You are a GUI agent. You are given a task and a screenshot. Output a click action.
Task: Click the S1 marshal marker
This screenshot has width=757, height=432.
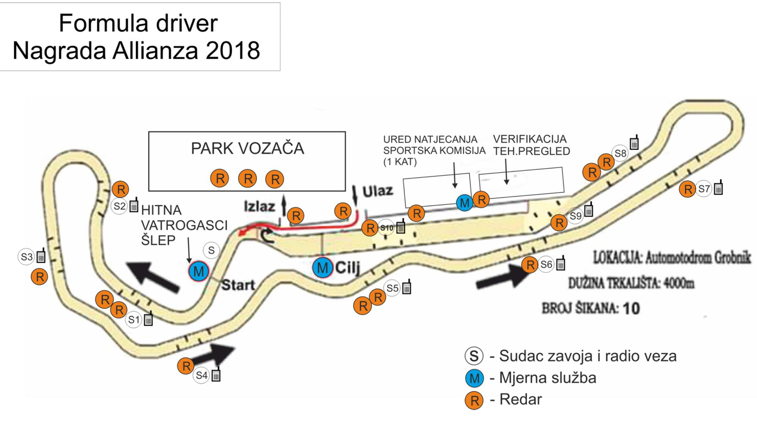coord(134,319)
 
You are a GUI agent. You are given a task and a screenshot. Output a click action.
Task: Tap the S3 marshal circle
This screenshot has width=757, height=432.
coord(26,257)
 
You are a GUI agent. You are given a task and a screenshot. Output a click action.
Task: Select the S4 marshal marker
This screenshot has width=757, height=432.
coord(201,375)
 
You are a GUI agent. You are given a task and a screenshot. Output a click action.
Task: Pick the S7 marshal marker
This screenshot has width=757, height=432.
coord(704,189)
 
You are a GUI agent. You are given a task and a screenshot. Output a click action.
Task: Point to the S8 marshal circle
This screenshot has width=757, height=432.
coord(620,153)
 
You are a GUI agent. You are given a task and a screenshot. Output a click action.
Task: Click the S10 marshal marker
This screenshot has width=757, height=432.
coord(387,228)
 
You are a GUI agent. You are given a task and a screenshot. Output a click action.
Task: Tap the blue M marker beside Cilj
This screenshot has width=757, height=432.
coord(323,268)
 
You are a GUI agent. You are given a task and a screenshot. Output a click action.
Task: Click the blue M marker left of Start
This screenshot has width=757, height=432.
coord(198,271)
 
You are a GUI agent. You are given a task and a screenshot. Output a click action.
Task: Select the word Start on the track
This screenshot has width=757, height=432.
coord(238,285)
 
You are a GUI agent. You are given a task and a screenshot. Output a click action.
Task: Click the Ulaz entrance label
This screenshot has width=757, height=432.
coord(378,191)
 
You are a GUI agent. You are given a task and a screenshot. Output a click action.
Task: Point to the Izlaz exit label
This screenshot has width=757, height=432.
coord(259,206)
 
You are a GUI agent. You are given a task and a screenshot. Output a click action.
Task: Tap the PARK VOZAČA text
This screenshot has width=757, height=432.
coord(248,148)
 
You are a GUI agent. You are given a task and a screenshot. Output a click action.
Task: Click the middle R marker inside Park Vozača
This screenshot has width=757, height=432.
coord(248,179)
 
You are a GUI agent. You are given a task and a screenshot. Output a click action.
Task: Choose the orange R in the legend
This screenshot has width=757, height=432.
coord(474,400)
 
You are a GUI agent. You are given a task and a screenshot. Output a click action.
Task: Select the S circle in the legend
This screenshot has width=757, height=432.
coord(474,356)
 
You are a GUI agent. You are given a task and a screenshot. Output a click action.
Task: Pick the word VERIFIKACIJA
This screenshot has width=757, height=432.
coord(530,139)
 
